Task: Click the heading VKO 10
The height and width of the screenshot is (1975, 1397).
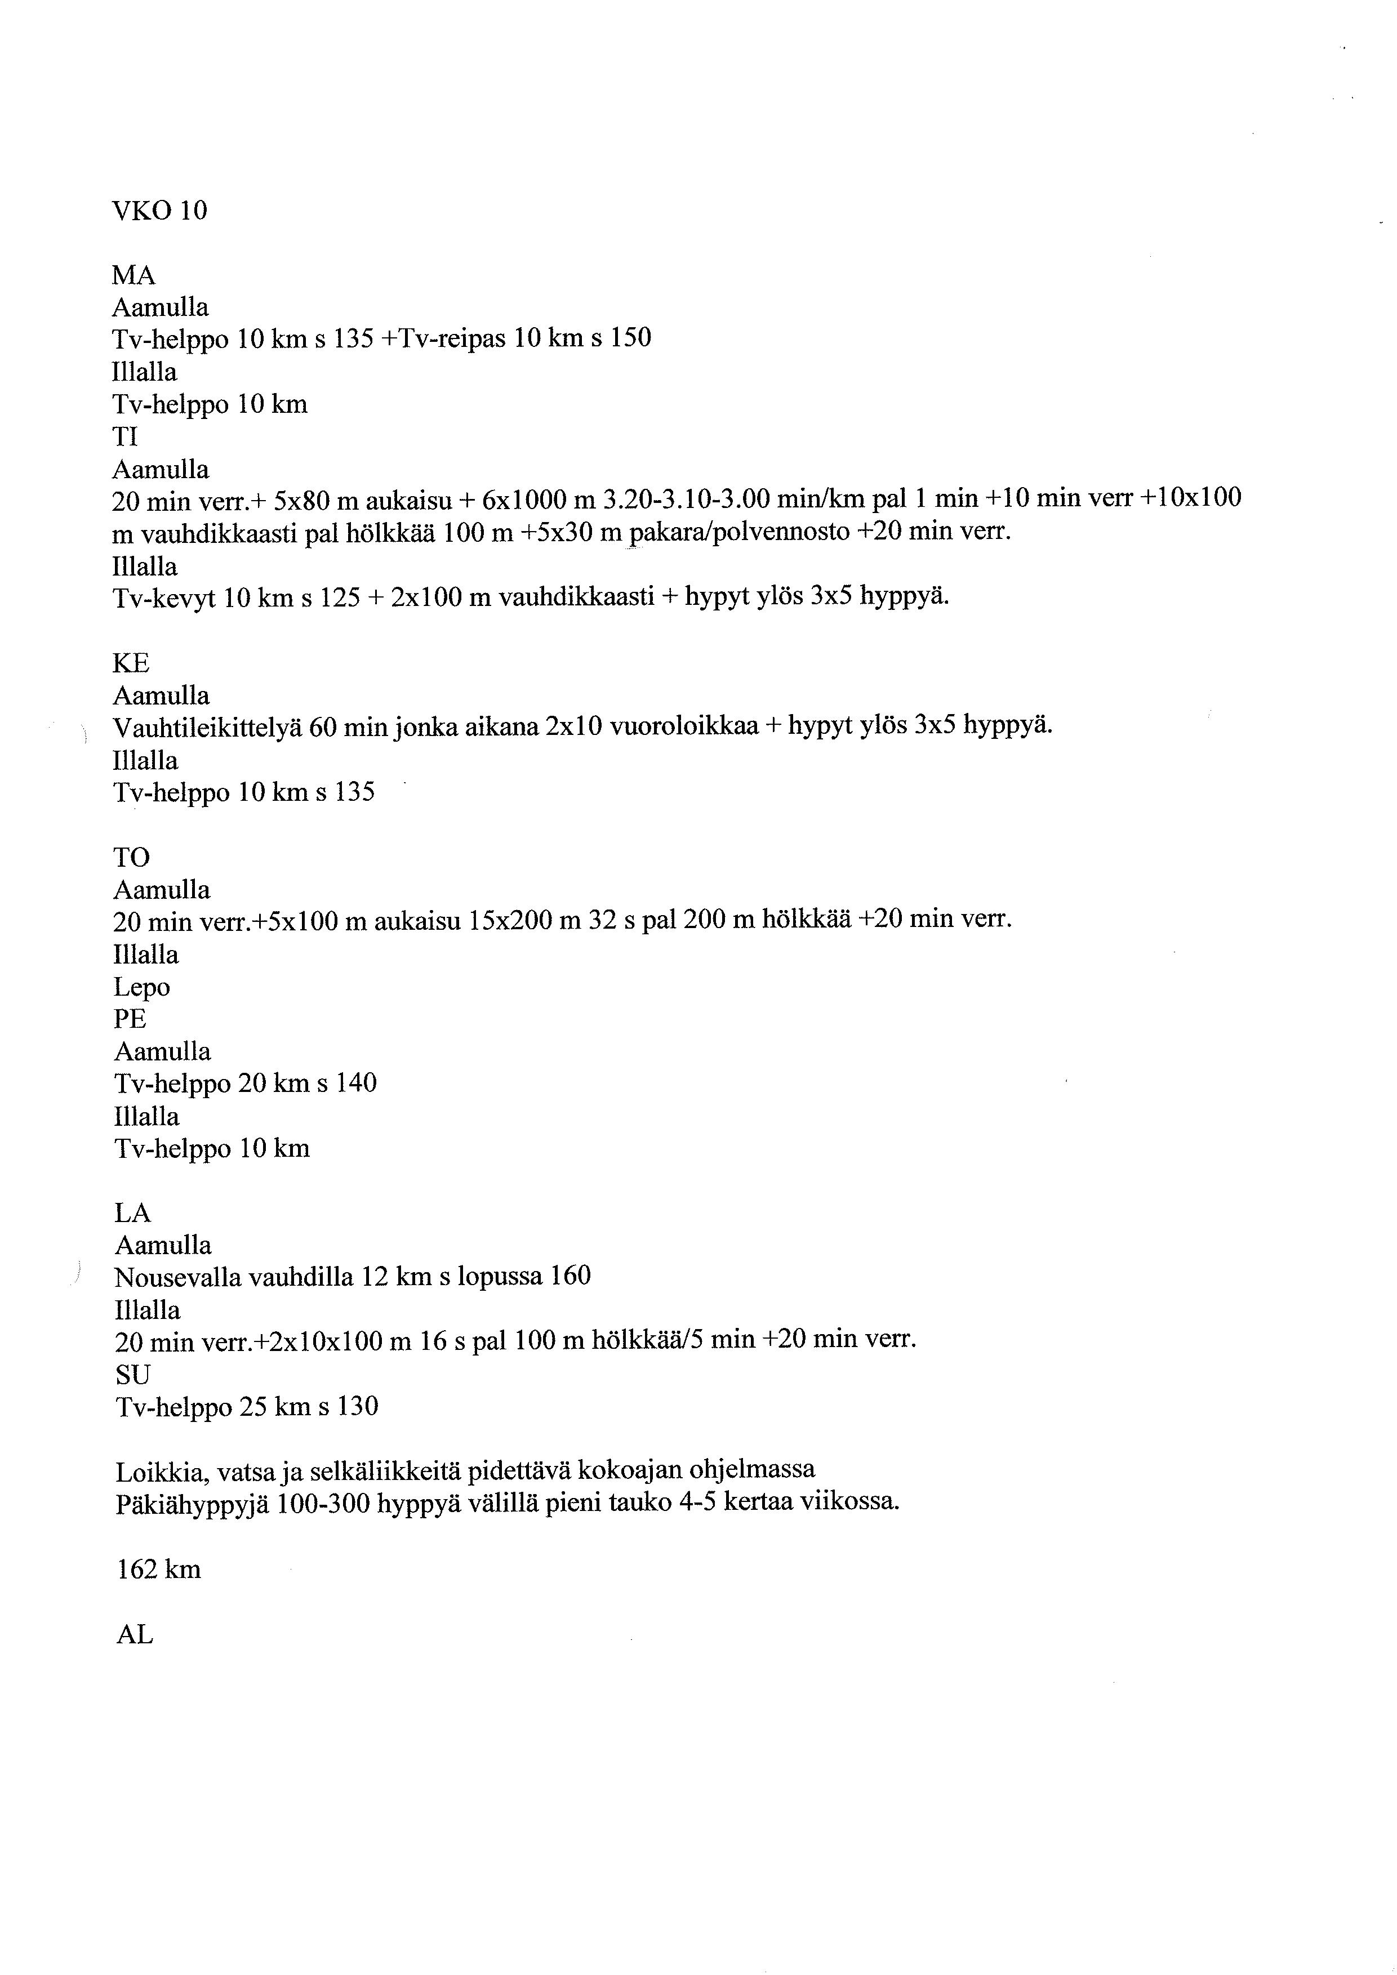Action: click(160, 211)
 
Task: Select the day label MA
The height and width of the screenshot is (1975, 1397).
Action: click(134, 275)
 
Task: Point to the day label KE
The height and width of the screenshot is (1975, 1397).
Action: click(131, 663)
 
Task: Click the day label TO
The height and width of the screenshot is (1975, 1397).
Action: click(132, 857)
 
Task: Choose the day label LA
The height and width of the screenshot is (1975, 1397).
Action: click(132, 1213)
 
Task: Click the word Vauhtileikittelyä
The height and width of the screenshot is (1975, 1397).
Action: click(207, 728)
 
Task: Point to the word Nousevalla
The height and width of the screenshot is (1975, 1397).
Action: click(177, 1277)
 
